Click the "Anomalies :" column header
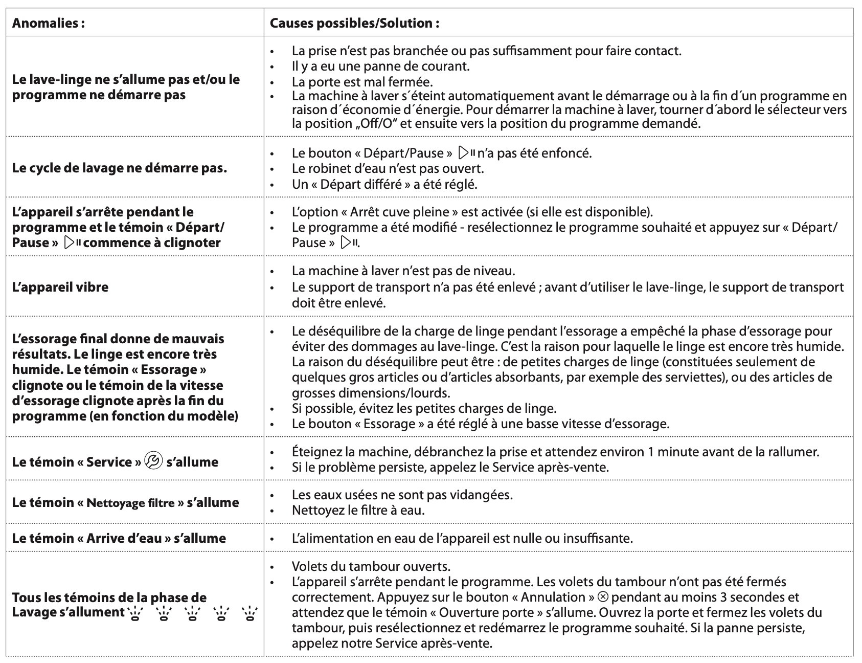(48, 23)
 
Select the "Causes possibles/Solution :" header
(354, 23)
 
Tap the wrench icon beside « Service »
(153, 461)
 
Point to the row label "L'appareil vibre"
(60, 286)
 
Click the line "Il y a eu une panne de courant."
(380, 66)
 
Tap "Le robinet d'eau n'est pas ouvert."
(388, 168)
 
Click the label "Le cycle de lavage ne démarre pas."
(119, 168)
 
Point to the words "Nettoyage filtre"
(130, 503)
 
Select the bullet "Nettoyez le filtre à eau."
(358, 510)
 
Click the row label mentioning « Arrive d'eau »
(119, 538)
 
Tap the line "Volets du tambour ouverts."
(371, 566)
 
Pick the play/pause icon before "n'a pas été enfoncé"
(467, 152)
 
